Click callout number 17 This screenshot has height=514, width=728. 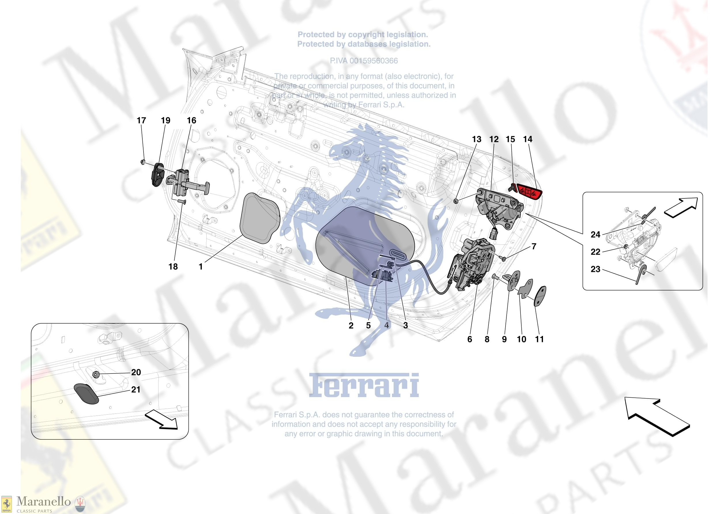[142, 120]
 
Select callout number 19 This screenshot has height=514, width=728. [165, 120]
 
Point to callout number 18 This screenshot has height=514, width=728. [173, 267]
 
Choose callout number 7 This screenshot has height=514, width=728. [534, 246]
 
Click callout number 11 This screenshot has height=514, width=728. [539, 339]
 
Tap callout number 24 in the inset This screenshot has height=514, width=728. [595, 235]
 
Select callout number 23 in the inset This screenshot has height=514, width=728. [595, 269]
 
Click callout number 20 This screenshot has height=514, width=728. [136, 372]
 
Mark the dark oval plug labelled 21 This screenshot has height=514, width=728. [86, 394]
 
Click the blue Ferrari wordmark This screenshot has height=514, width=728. [364, 386]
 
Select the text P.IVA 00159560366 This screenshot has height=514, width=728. [364, 61]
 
